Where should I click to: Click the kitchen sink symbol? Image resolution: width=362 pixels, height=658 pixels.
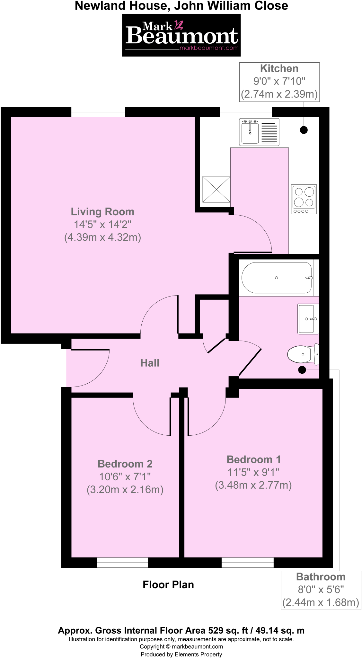(259, 132)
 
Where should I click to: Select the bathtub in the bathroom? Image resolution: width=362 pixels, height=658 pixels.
(277, 278)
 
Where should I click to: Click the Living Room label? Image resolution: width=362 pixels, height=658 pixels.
(102, 212)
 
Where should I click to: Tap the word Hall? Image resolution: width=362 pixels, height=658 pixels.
(150, 363)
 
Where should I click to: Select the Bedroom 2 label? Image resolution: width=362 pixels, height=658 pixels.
(125, 464)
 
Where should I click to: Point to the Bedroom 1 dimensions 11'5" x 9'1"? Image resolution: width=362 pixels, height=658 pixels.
(253, 472)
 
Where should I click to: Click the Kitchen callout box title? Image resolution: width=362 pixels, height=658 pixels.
(279, 68)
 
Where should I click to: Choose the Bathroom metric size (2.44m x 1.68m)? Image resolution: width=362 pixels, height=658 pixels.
(321, 602)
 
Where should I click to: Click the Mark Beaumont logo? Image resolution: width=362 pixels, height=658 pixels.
(181, 35)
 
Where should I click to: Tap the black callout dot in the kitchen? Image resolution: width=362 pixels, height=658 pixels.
(304, 130)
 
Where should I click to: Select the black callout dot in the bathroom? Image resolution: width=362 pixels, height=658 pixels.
(302, 370)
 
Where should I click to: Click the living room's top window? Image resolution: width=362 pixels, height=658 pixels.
(98, 112)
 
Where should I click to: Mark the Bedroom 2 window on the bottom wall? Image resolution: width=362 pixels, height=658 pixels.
(122, 563)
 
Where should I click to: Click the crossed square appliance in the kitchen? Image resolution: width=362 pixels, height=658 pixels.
(216, 189)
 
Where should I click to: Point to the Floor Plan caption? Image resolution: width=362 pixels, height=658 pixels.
(168, 585)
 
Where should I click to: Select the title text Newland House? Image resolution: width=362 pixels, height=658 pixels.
(122, 6)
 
